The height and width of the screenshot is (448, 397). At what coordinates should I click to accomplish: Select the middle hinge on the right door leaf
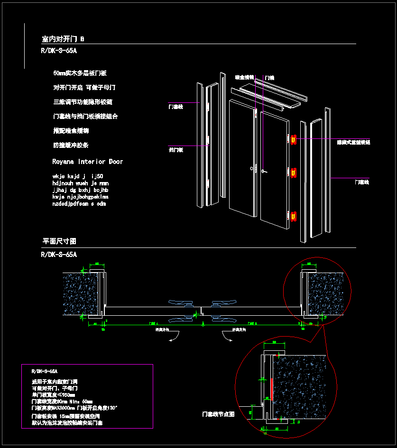294,174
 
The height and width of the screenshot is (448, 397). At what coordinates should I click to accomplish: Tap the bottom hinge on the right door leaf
294,216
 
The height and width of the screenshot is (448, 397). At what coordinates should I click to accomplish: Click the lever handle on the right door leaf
264,171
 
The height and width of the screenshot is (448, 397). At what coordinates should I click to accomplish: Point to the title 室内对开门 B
63,39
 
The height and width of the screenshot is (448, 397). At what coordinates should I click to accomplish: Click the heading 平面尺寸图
59,241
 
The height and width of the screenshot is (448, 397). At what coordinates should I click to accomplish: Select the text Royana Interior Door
87,162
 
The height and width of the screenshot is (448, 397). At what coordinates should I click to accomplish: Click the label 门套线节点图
218,414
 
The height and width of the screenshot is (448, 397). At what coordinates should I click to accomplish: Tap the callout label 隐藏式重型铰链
353,142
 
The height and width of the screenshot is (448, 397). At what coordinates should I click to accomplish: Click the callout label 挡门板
176,150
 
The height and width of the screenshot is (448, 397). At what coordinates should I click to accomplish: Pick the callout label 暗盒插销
244,77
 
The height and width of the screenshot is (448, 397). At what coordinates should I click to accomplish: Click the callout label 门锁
269,77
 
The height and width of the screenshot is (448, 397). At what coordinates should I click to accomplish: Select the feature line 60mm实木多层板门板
80,73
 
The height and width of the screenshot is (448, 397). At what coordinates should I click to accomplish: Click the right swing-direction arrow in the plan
229,337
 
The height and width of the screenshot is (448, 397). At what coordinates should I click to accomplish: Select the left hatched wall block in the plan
81,294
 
